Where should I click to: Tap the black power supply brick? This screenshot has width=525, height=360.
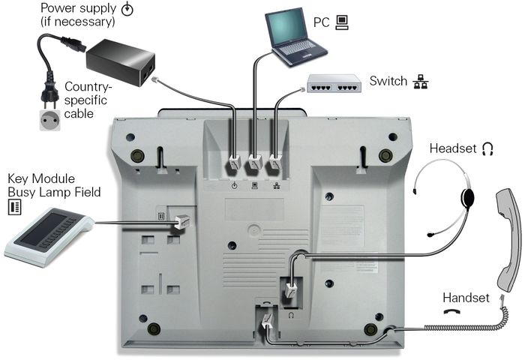tap(121, 61)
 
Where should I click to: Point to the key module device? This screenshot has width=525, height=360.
tap(46, 238)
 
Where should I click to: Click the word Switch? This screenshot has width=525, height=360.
tap(388, 81)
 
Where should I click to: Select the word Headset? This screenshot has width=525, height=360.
tap(452, 148)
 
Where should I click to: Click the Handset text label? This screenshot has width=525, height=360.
tap(466, 298)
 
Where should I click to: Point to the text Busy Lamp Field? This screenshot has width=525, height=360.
tap(54, 192)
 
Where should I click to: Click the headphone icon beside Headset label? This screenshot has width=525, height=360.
tap(488, 148)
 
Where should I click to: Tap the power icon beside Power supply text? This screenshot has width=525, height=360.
tap(127, 9)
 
